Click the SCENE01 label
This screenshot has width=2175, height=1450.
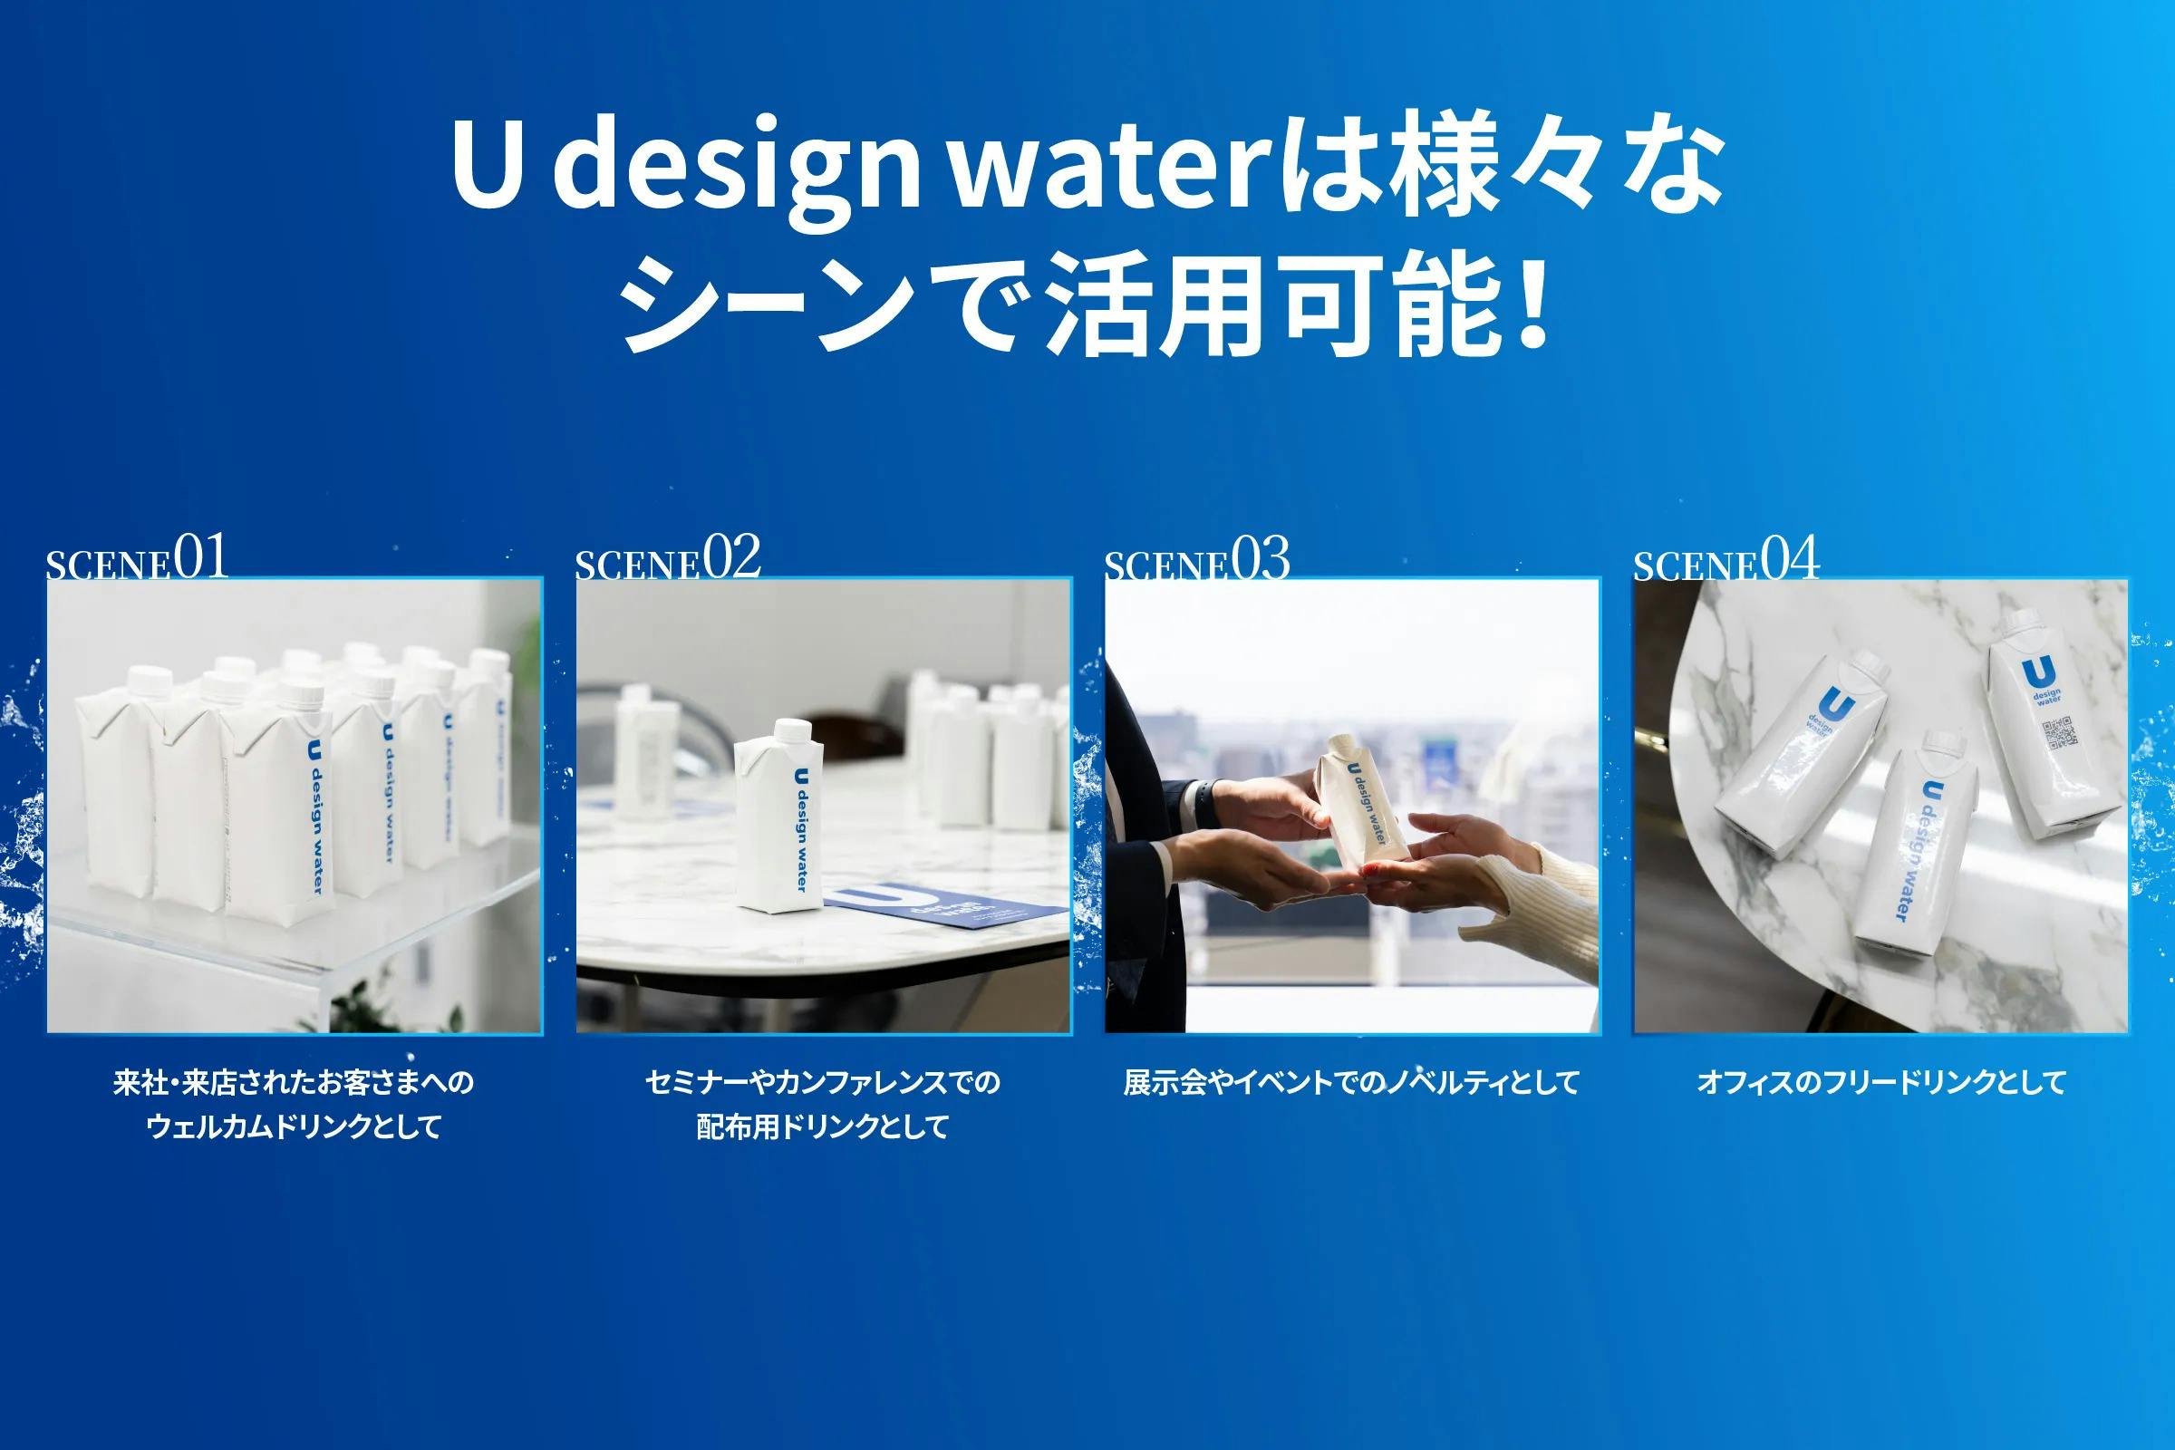pos(137,557)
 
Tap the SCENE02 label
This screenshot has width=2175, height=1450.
pos(668,557)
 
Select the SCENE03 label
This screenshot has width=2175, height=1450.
pos(1196,558)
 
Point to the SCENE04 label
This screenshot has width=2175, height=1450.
pos(1725,558)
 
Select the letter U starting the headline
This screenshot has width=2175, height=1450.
pos(488,168)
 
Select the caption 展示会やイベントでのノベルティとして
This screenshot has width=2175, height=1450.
pos(1351,1082)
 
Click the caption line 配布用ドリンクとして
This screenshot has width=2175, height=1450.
pos(823,1126)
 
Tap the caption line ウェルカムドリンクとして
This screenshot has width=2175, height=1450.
pos(294,1126)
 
